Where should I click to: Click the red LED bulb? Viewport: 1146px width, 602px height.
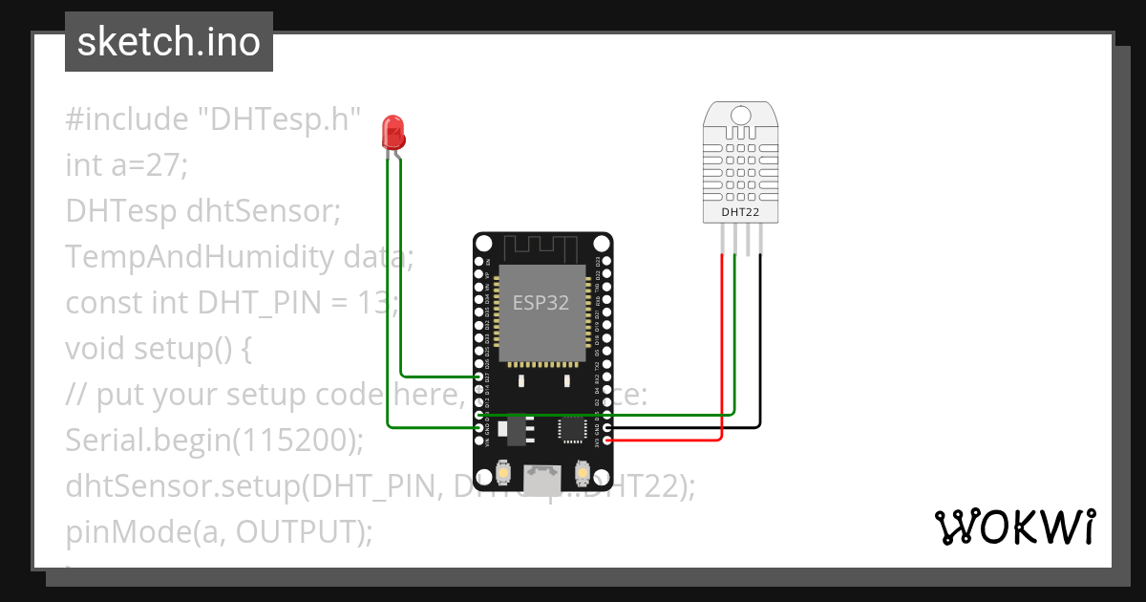point(393,131)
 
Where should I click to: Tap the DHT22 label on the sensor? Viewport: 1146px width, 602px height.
point(739,211)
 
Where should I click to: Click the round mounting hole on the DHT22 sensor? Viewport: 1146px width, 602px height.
point(740,116)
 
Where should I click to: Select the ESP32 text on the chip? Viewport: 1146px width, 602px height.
point(541,303)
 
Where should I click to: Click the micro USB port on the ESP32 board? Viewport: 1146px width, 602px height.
point(543,480)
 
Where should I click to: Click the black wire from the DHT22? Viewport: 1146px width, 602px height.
point(761,344)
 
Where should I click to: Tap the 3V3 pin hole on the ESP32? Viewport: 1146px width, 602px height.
point(608,441)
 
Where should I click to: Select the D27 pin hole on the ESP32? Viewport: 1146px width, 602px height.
point(479,376)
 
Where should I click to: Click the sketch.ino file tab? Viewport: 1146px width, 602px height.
point(169,42)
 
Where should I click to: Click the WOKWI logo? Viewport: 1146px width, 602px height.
point(1014,527)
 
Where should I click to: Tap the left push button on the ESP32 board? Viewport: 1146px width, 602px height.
point(503,473)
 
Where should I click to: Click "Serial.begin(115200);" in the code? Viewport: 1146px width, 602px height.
point(216,441)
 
